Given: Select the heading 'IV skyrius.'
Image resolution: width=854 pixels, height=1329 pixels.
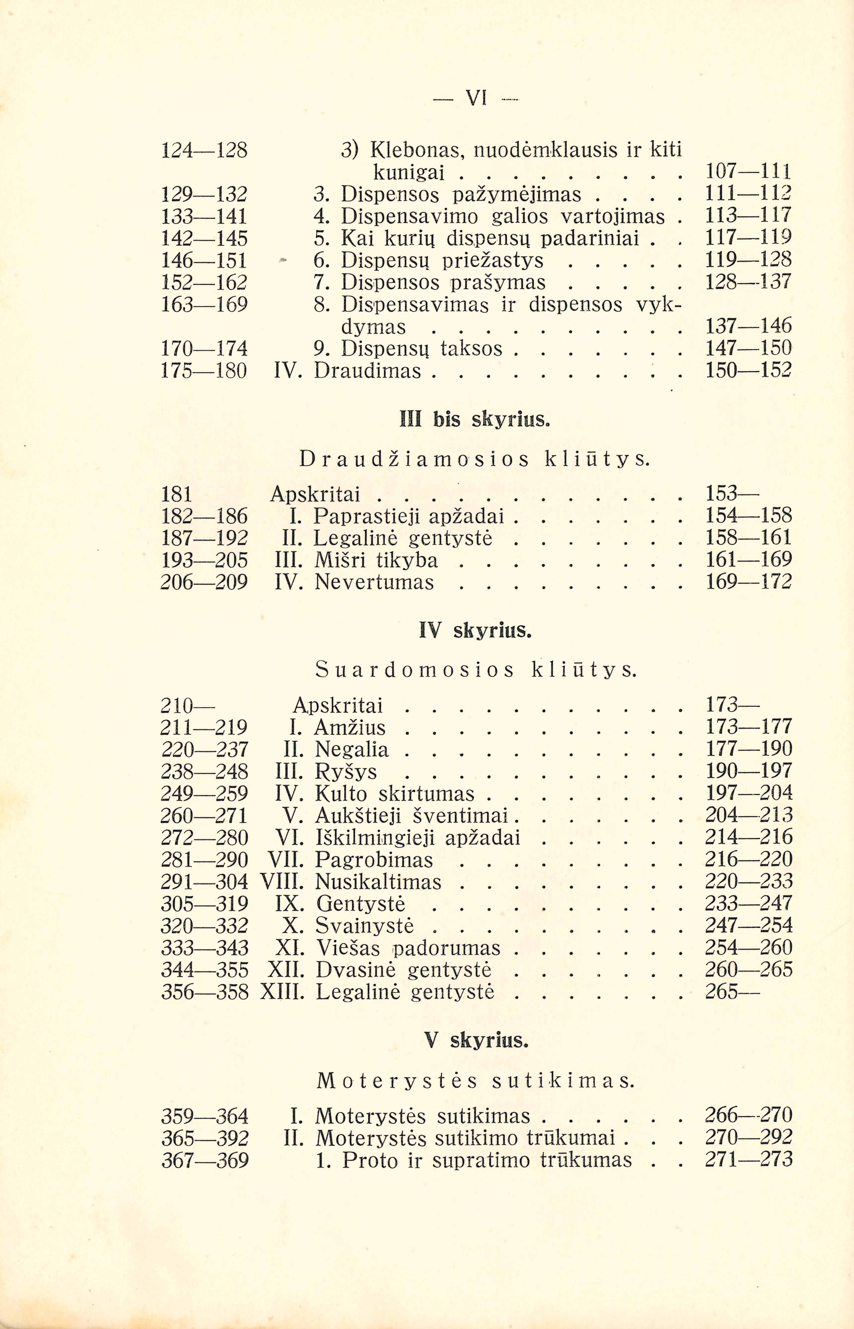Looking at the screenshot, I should tap(475, 631).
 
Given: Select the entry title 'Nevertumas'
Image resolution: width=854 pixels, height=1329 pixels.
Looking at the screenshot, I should tap(374, 582).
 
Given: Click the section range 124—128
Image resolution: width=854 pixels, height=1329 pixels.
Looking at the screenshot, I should tap(204, 150).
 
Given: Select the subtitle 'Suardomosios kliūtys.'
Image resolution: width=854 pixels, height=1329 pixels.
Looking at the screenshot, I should tap(476, 671).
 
